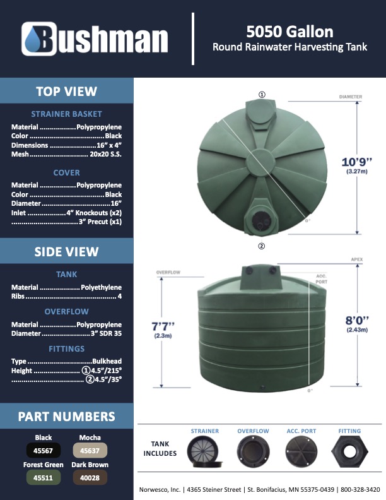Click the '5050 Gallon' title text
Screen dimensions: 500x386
(x=290, y=32)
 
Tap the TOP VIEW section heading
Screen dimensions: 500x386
(x=66, y=91)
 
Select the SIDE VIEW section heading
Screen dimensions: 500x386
(x=66, y=251)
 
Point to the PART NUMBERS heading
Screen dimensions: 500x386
(x=66, y=416)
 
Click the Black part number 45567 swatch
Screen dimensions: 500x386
(x=44, y=450)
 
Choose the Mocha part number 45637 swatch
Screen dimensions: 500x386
(x=90, y=450)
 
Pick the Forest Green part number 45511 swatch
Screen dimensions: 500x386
(x=44, y=478)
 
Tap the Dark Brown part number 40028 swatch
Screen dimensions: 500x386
(x=90, y=478)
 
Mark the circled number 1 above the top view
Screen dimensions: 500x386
(x=261, y=95)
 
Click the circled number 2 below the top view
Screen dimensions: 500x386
(x=261, y=246)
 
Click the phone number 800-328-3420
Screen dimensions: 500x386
(x=360, y=489)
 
